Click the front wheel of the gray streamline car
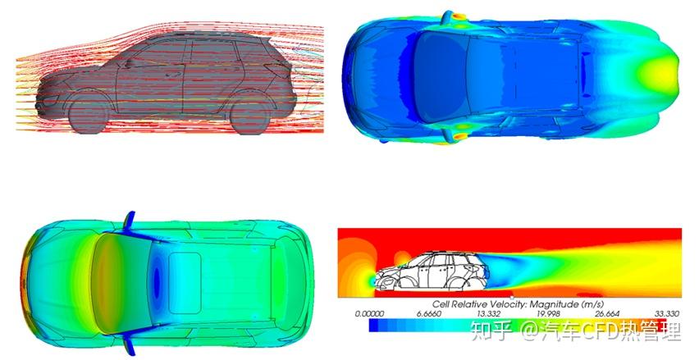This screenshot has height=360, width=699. tap(89, 116)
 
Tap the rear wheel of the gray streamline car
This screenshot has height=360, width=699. tap(249, 115)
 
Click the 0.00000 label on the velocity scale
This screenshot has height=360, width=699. tap(369, 313)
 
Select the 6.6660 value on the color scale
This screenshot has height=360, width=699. tap(429, 313)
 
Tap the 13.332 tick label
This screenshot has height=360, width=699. tap(489, 313)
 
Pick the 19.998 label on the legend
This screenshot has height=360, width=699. tap(548, 313)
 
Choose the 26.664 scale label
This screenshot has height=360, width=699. tap(607, 313)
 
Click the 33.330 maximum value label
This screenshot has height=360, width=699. tap(667, 313)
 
